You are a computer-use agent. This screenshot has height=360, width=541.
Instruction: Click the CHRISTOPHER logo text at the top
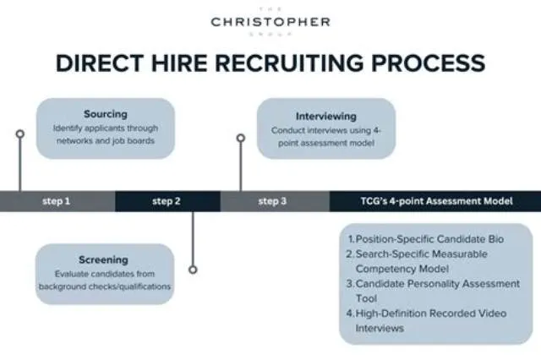[270, 22]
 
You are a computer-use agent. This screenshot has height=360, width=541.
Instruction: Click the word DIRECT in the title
[100, 63]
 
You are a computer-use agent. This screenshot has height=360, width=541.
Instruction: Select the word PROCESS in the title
[429, 63]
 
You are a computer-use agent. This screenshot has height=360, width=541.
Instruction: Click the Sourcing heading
[106, 114]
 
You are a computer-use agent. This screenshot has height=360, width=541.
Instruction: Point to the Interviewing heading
[326, 117]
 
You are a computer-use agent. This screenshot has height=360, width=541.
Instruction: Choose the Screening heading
[103, 259]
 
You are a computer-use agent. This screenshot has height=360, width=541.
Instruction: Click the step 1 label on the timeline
[57, 201]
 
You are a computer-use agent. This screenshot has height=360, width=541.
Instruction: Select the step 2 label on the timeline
[167, 201]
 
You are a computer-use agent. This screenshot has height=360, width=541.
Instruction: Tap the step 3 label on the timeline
[272, 201]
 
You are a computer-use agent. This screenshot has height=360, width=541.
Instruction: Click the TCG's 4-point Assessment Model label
[437, 201]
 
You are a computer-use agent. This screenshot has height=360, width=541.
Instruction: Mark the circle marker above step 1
[20, 134]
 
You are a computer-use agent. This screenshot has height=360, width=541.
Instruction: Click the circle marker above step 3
[241, 139]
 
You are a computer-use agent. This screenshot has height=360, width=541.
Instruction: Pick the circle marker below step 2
[194, 270]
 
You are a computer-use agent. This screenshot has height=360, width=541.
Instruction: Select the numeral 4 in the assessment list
[349, 314]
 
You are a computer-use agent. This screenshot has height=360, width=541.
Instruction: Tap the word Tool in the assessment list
[366, 298]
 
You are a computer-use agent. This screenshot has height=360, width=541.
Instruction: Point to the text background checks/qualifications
[105, 286]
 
